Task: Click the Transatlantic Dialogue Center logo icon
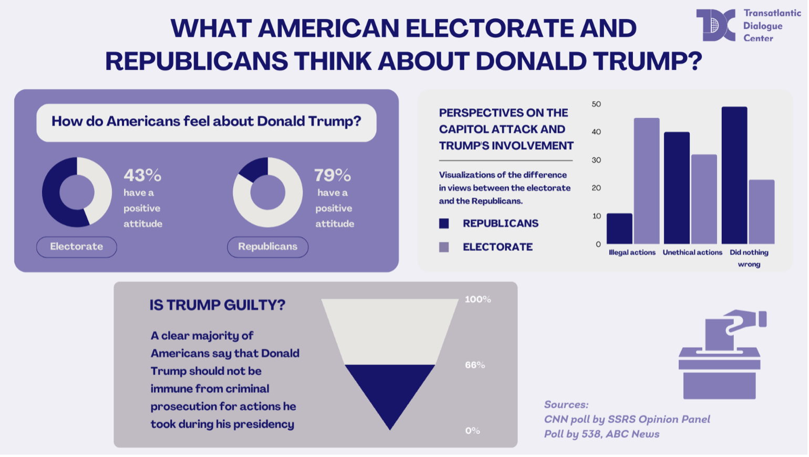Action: point(715,25)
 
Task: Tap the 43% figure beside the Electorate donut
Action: point(142,175)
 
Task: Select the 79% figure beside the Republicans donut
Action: point(332,175)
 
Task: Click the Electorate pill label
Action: point(77,247)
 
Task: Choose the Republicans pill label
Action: point(267,247)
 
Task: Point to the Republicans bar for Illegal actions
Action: point(619,228)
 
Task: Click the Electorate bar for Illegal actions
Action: point(647,181)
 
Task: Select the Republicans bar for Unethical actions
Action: point(677,188)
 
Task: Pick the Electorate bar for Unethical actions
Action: point(704,199)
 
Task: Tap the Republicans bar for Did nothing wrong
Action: point(734,175)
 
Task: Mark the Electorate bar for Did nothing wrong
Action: point(762,212)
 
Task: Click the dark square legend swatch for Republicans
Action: point(444,223)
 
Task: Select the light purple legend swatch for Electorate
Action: point(444,247)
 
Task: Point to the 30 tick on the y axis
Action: point(596,160)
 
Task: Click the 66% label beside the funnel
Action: point(475,365)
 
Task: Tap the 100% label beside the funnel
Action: point(478,299)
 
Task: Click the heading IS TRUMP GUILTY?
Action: point(217,305)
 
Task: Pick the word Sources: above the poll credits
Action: point(566,404)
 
